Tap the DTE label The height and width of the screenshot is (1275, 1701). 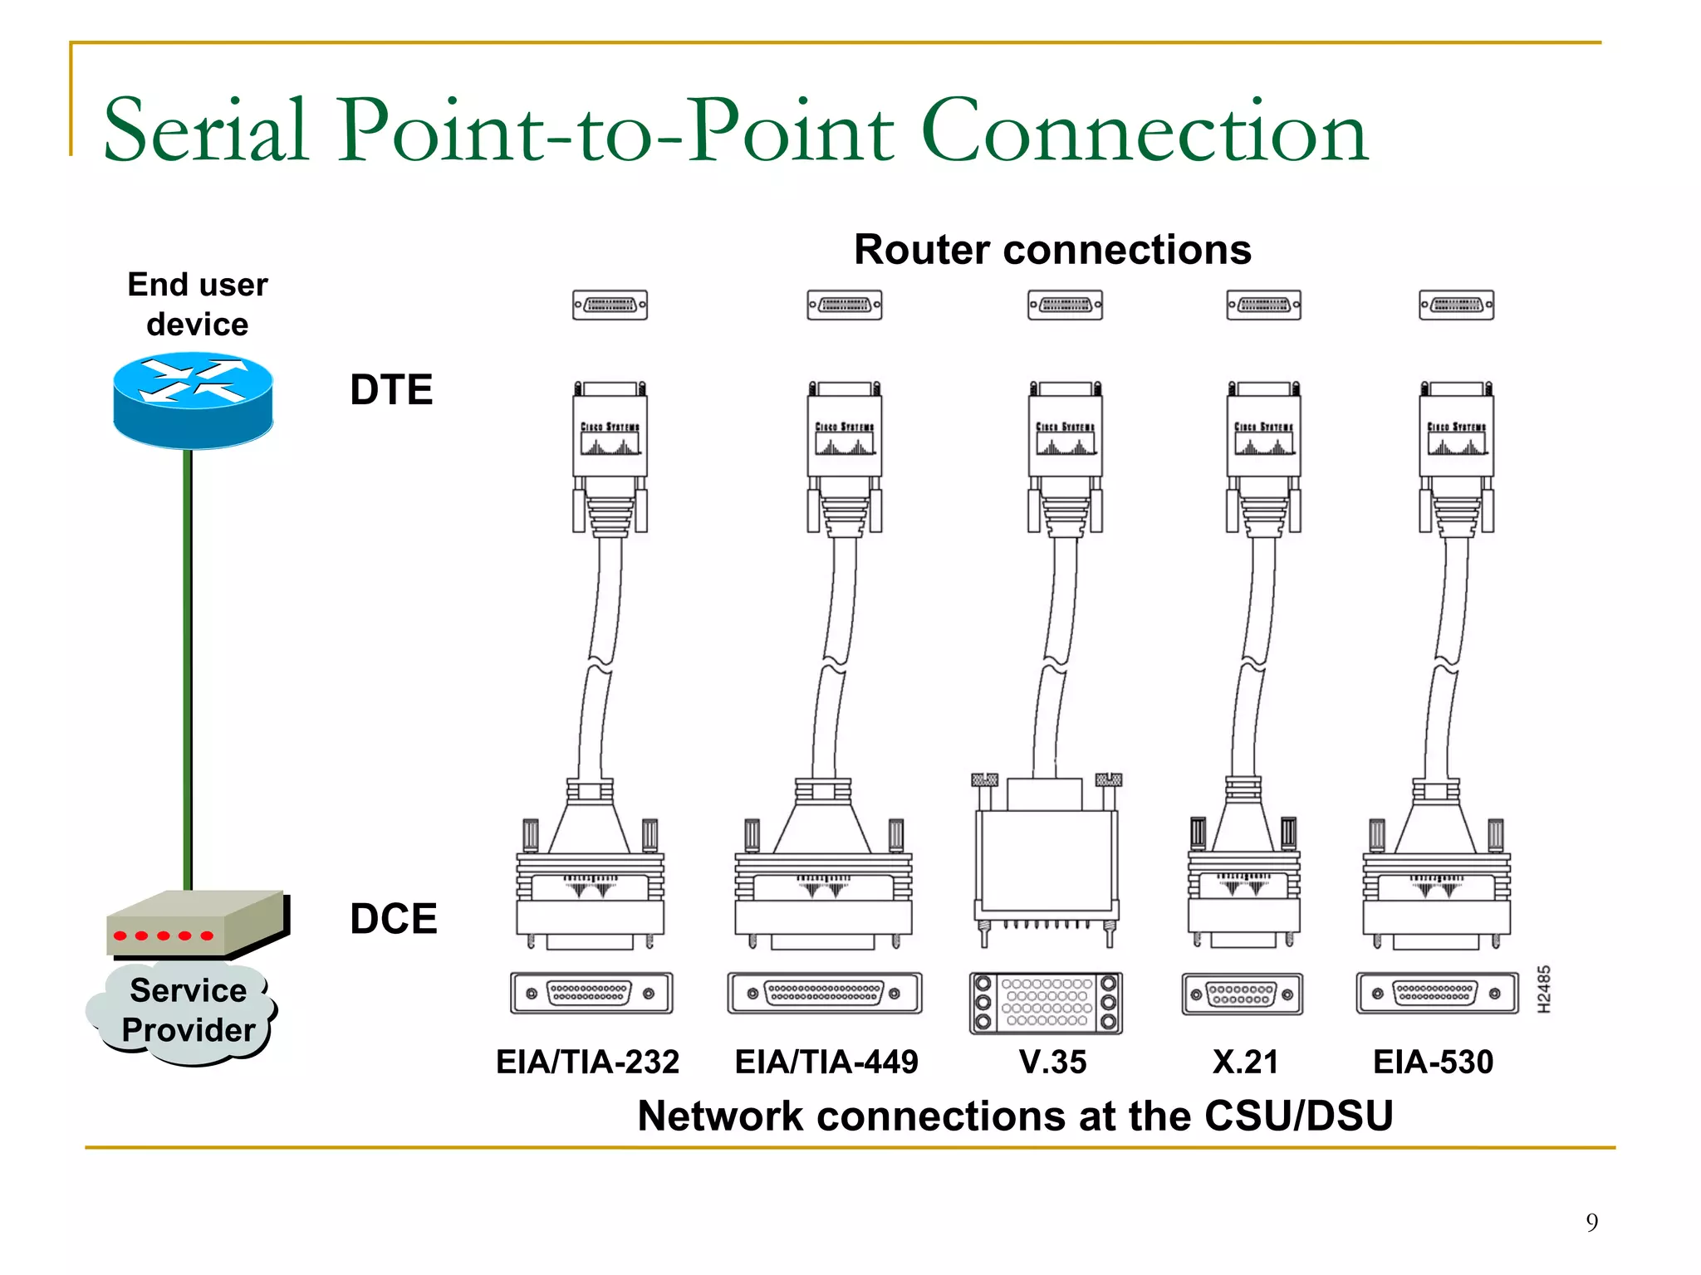[391, 390]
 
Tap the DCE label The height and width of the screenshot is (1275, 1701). [393, 919]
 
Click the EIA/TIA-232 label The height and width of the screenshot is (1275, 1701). [587, 1062]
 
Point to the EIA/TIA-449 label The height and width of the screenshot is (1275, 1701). [826, 1062]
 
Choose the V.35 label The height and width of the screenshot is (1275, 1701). [1052, 1062]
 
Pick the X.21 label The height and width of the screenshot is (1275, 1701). [1245, 1062]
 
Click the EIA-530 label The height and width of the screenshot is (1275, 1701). [1433, 1062]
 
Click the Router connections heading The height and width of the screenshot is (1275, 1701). [1052, 250]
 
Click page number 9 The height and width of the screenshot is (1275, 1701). [1591, 1222]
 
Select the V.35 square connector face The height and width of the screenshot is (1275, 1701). [1046, 1003]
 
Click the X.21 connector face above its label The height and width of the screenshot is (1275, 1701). [1242, 994]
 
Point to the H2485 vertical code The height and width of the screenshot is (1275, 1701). [1543, 989]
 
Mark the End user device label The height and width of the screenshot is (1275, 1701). [198, 304]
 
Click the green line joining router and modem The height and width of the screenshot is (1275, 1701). [188, 664]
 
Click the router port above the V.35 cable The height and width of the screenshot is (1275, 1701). [1065, 305]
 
